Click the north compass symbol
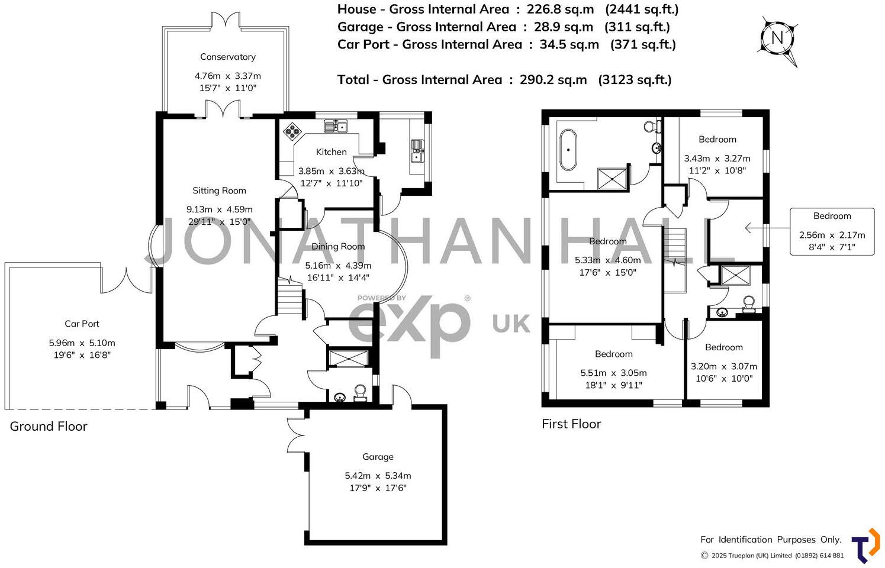tap(778, 39)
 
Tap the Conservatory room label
tap(228, 57)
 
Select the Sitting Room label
tap(219, 191)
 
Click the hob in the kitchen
tap(292, 131)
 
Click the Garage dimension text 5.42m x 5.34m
tap(378, 476)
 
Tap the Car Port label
tap(82, 324)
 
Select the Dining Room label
tap(338, 246)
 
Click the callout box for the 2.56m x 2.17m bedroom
tap(832, 231)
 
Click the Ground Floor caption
tap(49, 427)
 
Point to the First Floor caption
tap(571, 424)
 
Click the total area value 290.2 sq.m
tap(553, 80)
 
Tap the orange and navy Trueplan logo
tap(865, 546)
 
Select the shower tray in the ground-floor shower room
tap(347, 360)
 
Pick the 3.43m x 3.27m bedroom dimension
tap(717, 159)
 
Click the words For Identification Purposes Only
tap(771, 540)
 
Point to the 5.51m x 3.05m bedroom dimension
tap(613, 373)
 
